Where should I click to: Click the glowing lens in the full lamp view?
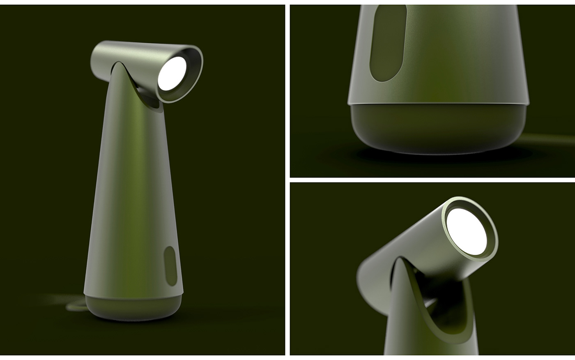[x=172, y=73]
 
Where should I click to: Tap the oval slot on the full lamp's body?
[x=170, y=266]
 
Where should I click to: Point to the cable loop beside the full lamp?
[x=76, y=305]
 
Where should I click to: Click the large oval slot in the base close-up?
[x=388, y=43]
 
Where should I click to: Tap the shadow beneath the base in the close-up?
[x=435, y=158]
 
